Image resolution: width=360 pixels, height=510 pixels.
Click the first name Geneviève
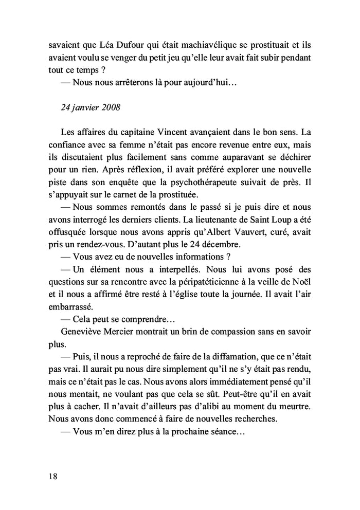tap(80, 333)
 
